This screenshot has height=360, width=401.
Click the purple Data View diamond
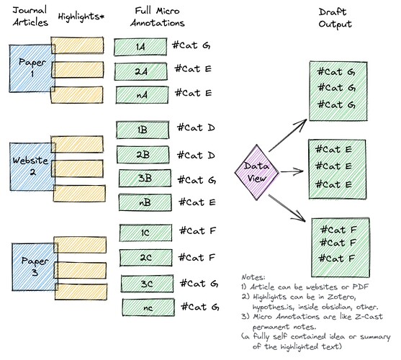(256, 172)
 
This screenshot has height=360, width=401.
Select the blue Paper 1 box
(32, 68)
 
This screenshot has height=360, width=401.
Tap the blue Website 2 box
(32, 166)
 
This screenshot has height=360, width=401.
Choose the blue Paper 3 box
(35, 266)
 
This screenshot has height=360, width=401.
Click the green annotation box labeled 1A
(140, 47)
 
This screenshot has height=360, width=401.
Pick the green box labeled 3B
(145, 179)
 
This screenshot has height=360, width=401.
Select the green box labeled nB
(145, 202)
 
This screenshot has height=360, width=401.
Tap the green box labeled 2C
(145, 258)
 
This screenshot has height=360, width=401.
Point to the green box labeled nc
(148, 307)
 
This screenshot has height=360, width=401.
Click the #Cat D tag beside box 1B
(196, 127)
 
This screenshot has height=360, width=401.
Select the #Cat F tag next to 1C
(198, 231)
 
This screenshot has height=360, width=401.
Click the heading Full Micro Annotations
(157, 17)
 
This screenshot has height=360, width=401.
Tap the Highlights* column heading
(81, 17)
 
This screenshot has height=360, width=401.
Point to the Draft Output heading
(335, 18)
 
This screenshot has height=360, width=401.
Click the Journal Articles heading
(30, 17)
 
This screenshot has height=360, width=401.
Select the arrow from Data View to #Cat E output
(292, 171)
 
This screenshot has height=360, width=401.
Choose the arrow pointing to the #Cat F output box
(287, 208)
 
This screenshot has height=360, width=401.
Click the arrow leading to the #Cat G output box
(288, 135)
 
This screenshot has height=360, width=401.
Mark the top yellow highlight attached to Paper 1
(77, 45)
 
